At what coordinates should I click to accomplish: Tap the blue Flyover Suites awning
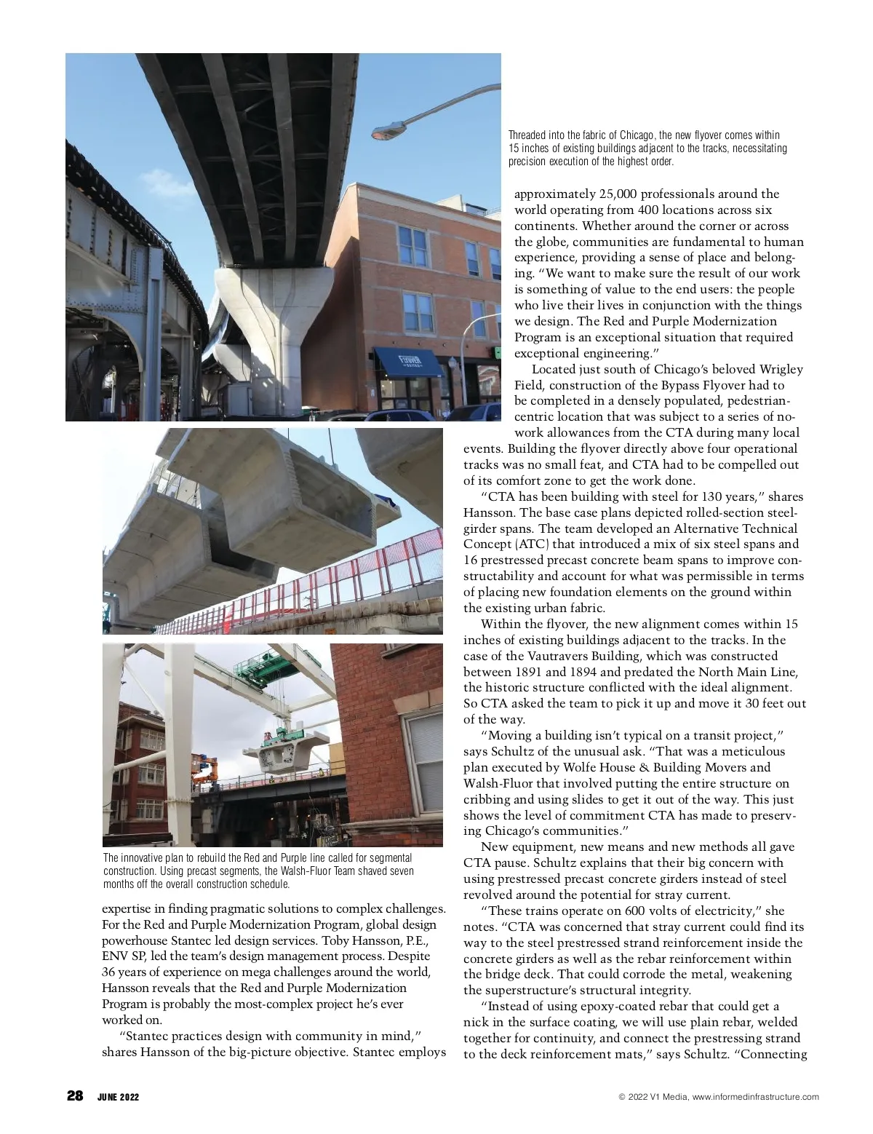coord(409,362)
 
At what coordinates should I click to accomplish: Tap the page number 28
coord(75,1096)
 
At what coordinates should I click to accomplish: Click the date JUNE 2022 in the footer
coord(118,1097)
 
